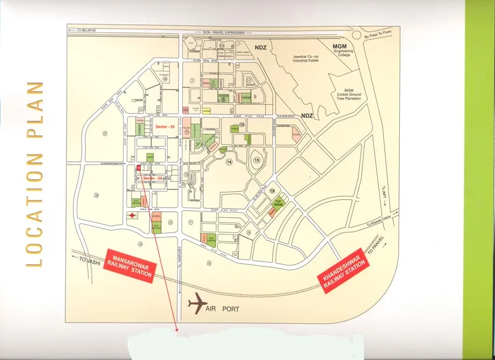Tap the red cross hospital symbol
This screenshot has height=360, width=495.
tap(132, 216)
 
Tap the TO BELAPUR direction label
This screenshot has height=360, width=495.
tap(88, 30)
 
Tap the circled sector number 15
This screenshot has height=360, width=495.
tap(257, 159)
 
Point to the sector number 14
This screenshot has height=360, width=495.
tap(229, 162)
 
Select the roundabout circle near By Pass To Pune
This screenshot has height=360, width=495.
tap(359, 36)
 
